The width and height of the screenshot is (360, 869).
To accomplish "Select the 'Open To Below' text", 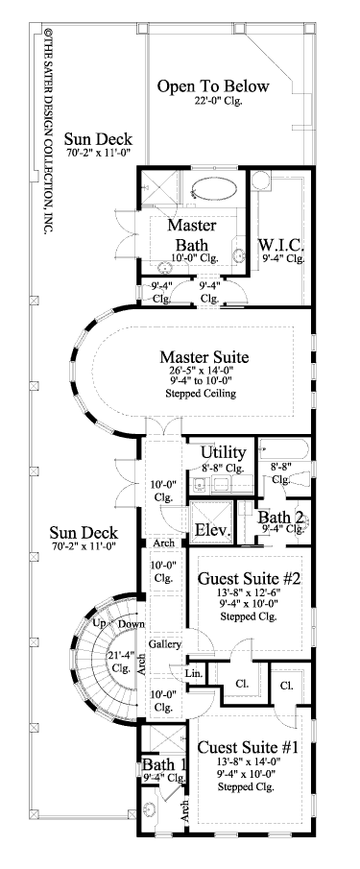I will point(213,87).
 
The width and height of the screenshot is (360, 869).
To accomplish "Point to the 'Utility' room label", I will point(224,453).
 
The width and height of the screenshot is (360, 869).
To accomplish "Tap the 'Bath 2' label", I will point(281,519).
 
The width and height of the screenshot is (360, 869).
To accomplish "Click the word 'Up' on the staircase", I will point(98,624).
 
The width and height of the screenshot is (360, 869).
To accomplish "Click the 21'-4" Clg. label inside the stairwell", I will point(122,664).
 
